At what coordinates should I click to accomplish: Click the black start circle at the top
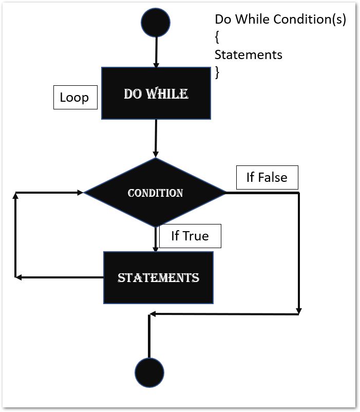(x=155, y=23)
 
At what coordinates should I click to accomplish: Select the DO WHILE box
(x=156, y=93)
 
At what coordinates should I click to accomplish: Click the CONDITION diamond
(x=155, y=193)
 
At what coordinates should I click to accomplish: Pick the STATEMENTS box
(x=158, y=277)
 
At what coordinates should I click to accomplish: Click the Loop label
(x=75, y=98)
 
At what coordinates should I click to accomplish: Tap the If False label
(x=267, y=178)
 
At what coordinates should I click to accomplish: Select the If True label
(x=190, y=236)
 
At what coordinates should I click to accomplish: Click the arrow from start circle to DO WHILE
(x=156, y=51)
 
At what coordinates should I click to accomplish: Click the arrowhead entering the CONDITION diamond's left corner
(x=80, y=193)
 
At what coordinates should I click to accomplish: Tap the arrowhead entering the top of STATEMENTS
(x=156, y=248)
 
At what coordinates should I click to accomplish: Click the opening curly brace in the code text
(x=217, y=37)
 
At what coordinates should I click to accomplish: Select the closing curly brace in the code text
(x=217, y=72)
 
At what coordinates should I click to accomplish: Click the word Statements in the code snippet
(x=248, y=54)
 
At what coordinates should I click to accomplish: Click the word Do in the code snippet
(x=223, y=20)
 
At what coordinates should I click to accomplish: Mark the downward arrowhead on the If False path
(x=299, y=311)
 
